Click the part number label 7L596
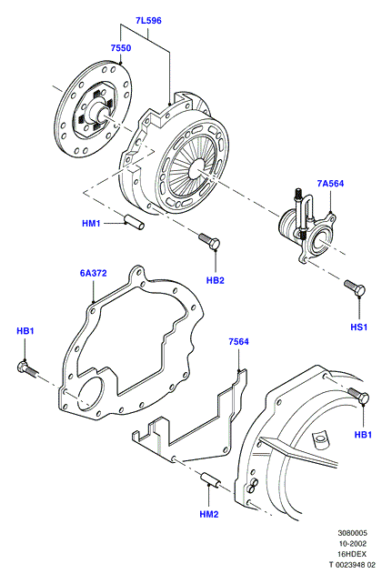[x=148, y=21]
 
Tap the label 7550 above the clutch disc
[x=121, y=48]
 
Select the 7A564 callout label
[x=330, y=183]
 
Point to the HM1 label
[x=91, y=224]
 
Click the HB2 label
[x=216, y=280]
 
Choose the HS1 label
[x=359, y=327]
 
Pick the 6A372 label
[x=93, y=273]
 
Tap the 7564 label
[x=238, y=341]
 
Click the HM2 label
[x=209, y=514]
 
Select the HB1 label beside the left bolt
[x=25, y=331]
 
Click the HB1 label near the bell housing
[x=363, y=434]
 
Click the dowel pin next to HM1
[x=135, y=222]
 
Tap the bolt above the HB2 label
[x=209, y=241]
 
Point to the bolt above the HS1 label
[x=355, y=288]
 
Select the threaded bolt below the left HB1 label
[x=27, y=368]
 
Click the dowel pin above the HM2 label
[x=212, y=480]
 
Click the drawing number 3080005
[x=352, y=533]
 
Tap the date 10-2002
[x=352, y=544]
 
